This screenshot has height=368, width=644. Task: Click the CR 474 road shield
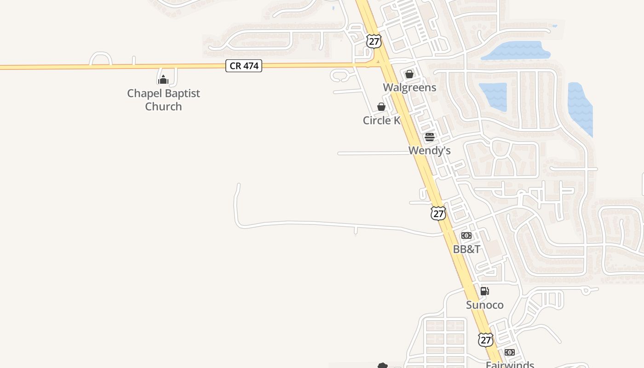pyautogui.click(x=243, y=66)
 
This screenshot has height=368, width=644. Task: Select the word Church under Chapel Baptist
pyautogui.click(x=163, y=107)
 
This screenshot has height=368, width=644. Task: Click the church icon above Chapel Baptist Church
pyautogui.click(x=163, y=80)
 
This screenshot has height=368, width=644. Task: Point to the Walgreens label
pyautogui.click(x=409, y=87)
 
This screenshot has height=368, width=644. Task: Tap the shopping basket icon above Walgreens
pyautogui.click(x=409, y=74)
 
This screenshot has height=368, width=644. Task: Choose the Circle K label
pyautogui.click(x=381, y=121)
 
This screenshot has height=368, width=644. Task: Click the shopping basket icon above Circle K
pyautogui.click(x=381, y=107)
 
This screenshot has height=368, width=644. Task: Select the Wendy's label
pyautogui.click(x=429, y=150)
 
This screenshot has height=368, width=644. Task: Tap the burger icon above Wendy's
pyautogui.click(x=430, y=137)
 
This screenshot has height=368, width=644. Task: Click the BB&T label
pyautogui.click(x=466, y=249)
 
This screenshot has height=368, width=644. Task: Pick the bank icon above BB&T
pyautogui.click(x=466, y=236)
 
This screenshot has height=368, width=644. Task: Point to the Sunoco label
pyautogui.click(x=484, y=305)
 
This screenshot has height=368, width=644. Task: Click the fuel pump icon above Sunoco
pyautogui.click(x=484, y=291)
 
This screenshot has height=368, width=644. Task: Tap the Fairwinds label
pyautogui.click(x=510, y=364)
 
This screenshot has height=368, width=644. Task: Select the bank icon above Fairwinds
pyautogui.click(x=509, y=352)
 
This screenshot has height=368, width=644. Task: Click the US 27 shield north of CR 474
pyautogui.click(x=374, y=40)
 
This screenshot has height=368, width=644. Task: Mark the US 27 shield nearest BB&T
pyautogui.click(x=438, y=213)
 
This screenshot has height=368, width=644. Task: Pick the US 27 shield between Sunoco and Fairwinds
pyautogui.click(x=485, y=339)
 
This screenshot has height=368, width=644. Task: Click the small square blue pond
pyautogui.click(x=493, y=97)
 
